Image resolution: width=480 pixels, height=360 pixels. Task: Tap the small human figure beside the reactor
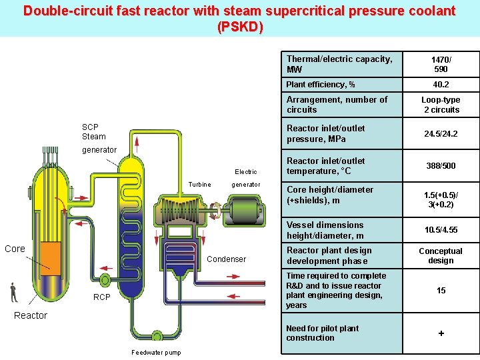[x=13, y=292]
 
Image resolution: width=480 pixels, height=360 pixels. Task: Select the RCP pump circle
[x=104, y=280]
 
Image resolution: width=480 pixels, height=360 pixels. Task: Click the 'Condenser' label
[x=227, y=259]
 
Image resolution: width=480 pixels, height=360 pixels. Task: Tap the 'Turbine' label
[x=199, y=185]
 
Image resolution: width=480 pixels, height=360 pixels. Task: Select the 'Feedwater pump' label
[x=156, y=353]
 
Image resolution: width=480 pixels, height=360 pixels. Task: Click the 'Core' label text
[x=15, y=249]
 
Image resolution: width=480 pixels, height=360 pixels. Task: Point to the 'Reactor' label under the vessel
[x=31, y=315]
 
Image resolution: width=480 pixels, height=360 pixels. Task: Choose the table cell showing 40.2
[x=441, y=85]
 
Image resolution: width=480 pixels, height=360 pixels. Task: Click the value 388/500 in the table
[x=441, y=165]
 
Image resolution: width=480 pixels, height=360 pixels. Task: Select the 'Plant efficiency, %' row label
[x=320, y=85]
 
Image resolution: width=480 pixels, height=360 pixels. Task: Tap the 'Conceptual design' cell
[x=441, y=256]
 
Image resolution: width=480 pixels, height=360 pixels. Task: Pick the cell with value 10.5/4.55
[x=441, y=230]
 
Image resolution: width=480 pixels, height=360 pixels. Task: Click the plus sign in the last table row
[x=441, y=333]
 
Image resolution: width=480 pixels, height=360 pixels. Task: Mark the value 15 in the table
[x=441, y=291]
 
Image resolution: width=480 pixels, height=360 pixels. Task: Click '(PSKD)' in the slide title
[x=240, y=27]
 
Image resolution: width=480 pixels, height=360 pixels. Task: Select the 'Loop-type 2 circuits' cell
[x=441, y=105]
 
